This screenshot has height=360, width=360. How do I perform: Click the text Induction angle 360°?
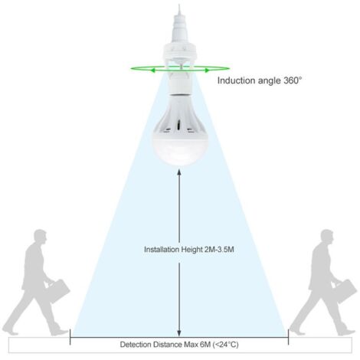pyautogui.click(x=260, y=80)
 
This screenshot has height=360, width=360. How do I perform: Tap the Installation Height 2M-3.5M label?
pyautogui.click(x=189, y=249)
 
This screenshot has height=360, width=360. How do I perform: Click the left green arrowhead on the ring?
pyautogui.click(x=152, y=70)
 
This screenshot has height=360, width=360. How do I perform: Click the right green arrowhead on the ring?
pyautogui.click(x=208, y=70)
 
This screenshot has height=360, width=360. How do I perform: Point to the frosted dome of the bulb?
pyautogui.click(x=180, y=148)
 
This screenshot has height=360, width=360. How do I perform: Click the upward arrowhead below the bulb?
pyautogui.click(x=179, y=172)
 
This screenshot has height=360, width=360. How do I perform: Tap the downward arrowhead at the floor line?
pyautogui.click(x=179, y=333)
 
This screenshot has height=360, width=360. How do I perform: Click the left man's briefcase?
pyautogui.click(x=58, y=290)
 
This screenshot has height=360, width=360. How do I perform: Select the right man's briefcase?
pyautogui.click(x=345, y=290)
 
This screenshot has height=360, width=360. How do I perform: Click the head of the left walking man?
pyautogui.click(x=41, y=237)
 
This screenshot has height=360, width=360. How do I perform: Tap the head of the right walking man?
pyautogui.click(x=327, y=237)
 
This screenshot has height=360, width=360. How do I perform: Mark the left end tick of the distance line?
pyautogui.click(x=70, y=337)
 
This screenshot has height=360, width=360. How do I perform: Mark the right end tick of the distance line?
pyautogui.click(x=289, y=337)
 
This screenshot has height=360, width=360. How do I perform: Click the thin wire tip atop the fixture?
pyautogui.click(x=179, y=5)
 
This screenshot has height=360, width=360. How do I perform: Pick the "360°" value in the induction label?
pyautogui.click(x=293, y=80)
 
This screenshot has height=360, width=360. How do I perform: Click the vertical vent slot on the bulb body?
pyautogui.click(x=179, y=125)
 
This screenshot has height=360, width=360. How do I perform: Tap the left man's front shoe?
pyautogui.click(x=60, y=332)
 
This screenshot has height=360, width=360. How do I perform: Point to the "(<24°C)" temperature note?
pyautogui.click(x=226, y=345)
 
